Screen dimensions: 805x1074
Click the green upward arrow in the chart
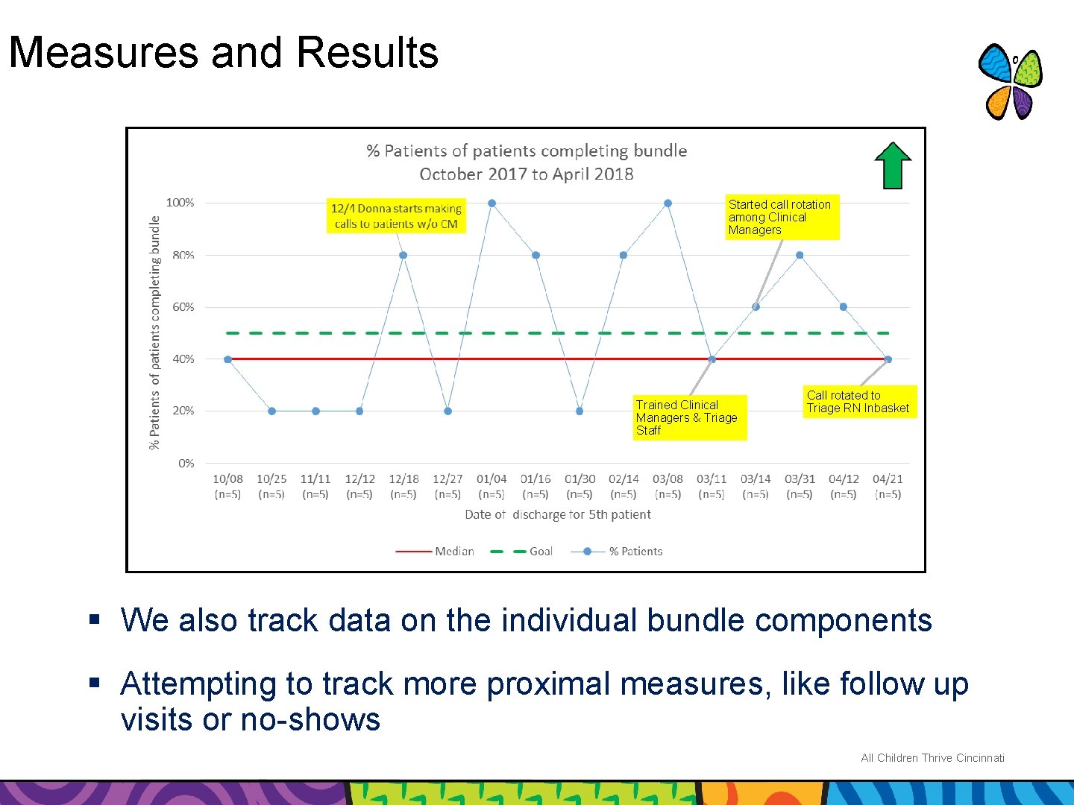pyautogui.click(x=893, y=165)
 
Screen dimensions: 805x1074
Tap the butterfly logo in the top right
pyautogui.click(x=1010, y=82)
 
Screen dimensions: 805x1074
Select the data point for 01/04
pyautogui.click(x=492, y=203)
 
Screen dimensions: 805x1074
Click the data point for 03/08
pyautogui.click(x=668, y=203)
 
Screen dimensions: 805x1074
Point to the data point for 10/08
pyautogui.click(x=227, y=359)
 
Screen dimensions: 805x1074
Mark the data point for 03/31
pyautogui.click(x=800, y=255)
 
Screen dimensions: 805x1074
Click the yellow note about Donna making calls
pyautogui.click(x=396, y=216)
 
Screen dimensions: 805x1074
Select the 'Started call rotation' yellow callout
pyautogui.click(x=782, y=217)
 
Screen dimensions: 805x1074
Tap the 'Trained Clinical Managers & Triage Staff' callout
pyautogui.click(x=688, y=417)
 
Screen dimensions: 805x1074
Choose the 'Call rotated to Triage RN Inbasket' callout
pyautogui.click(x=858, y=402)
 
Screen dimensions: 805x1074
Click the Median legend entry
pyautogui.click(x=436, y=552)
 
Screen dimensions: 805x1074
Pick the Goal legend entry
pyautogui.click(x=522, y=552)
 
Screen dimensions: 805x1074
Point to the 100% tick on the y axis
pyautogui.click(x=180, y=203)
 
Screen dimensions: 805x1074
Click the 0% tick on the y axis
pyautogui.click(x=186, y=463)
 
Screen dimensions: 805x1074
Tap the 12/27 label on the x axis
pyautogui.click(x=447, y=479)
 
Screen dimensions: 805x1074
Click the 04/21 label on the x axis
pyautogui.click(x=888, y=479)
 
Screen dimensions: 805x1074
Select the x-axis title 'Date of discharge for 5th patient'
pyautogui.click(x=557, y=514)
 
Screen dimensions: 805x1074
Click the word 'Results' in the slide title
pyautogui.click(x=367, y=53)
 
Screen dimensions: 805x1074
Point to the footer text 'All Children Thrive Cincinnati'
pyautogui.click(x=932, y=758)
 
